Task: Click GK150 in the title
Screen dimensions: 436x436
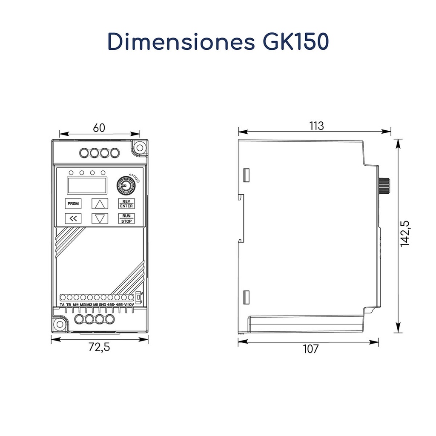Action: (x=293, y=42)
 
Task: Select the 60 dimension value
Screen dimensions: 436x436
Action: (x=99, y=128)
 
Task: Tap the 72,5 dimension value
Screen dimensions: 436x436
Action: (x=99, y=347)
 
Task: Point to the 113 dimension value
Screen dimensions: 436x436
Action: (x=316, y=126)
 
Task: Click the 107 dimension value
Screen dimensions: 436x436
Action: (x=310, y=349)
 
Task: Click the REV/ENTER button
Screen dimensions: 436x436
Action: (x=126, y=203)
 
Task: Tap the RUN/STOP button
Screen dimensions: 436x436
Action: (x=126, y=218)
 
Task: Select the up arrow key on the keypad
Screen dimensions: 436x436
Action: (x=100, y=203)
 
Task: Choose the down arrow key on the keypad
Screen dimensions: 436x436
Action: (x=100, y=218)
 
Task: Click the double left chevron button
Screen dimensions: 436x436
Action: (x=73, y=218)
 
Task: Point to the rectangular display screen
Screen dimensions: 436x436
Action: (x=86, y=185)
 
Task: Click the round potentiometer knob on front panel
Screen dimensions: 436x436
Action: (x=126, y=185)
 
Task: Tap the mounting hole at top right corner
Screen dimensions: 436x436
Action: (x=139, y=147)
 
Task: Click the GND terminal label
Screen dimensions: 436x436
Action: (x=103, y=305)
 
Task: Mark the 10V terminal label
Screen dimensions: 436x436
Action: (x=131, y=305)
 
